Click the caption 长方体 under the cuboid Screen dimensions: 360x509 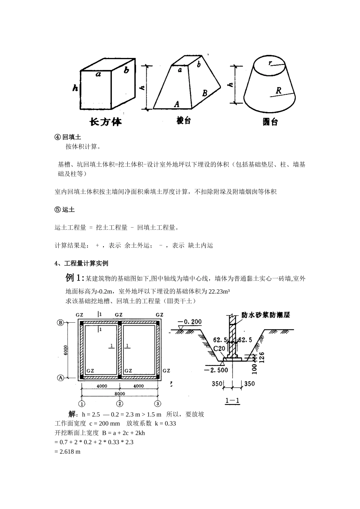(106, 122)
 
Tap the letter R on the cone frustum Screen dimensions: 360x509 (279, 91)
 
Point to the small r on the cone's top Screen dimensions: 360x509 (270, 64)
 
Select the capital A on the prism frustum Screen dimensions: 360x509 (177, 104)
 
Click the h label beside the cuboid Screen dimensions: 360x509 (75, 88)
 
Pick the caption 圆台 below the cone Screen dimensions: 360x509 (270, 122)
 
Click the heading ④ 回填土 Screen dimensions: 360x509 (68, 137)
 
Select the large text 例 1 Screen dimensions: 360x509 (75, 278)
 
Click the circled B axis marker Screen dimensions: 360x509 (60, 322)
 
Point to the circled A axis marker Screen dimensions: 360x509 (60, 378)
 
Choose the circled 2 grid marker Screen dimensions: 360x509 (120, 403)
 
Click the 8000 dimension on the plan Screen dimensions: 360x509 (120, 394)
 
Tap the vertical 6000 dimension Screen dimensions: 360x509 (66, 350)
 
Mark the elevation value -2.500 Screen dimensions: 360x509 (216, 370)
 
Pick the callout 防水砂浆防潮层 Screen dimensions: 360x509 (266, 315)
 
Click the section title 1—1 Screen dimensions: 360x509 (233, 401)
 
